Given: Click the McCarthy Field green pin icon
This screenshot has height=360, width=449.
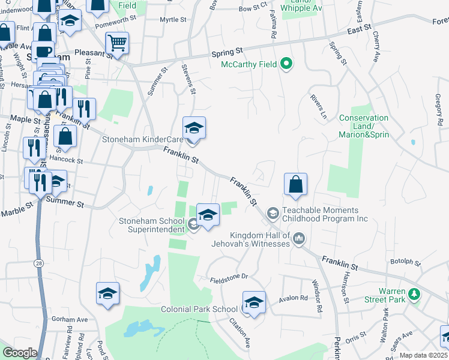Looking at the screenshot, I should pos(287,64).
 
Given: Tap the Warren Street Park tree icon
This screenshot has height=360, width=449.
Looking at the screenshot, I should pos(414,294).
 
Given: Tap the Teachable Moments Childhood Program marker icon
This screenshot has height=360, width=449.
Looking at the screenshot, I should pos(273,213).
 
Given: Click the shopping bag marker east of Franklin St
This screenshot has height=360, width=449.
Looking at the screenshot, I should pos(295,185).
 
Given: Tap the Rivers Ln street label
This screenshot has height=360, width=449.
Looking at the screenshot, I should pos(316,105).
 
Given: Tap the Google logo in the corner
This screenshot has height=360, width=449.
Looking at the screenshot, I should pos(20,353).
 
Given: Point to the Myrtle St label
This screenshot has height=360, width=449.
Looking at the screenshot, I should pos(173,20).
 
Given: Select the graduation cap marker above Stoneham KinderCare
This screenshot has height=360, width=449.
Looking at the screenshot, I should pos(194,127).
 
